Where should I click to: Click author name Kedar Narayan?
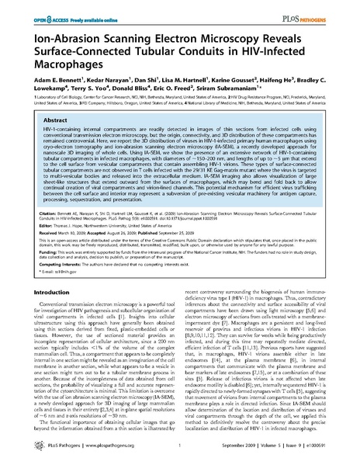(104, 80)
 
